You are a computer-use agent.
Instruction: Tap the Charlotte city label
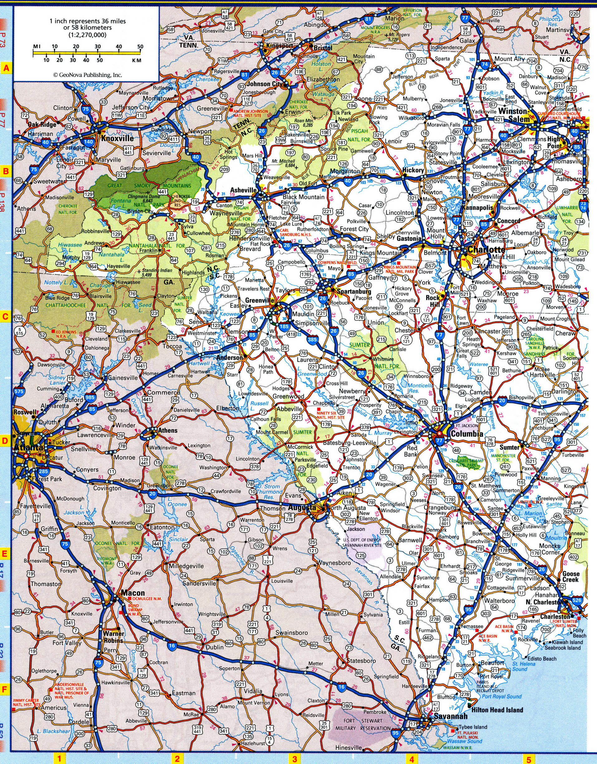point(487,250)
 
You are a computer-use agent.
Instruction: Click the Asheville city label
point(242,190)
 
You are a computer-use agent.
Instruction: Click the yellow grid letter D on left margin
point(5,441)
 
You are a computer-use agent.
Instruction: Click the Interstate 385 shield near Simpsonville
point(311,339)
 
